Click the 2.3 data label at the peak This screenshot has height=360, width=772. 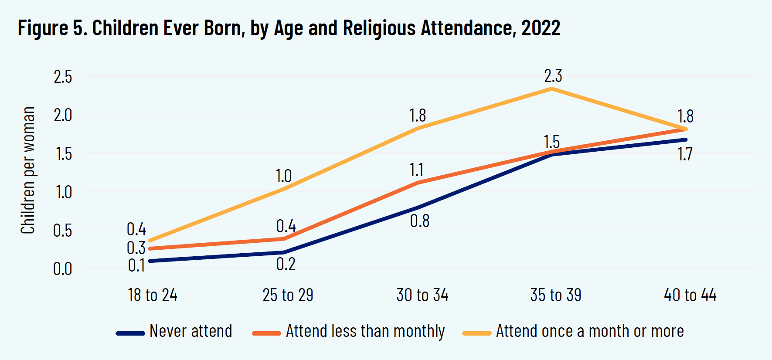[553, 76]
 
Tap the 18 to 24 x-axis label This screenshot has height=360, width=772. [153, 295]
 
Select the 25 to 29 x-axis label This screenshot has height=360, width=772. [288, 295]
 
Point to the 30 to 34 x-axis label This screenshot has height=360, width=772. [422, 295]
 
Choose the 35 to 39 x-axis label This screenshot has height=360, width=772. [556, 295]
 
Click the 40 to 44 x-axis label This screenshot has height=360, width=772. [690, 295]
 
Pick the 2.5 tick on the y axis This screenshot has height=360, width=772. [63, 77]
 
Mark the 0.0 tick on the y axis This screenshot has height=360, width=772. [63, 269]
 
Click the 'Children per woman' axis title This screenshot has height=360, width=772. [28, 170]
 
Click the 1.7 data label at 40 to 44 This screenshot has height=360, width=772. [685, 154]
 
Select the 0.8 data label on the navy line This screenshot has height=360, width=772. [420, 221]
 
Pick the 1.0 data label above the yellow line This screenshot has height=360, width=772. [283, 177]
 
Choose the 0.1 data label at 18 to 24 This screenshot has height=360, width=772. [136, 265]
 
